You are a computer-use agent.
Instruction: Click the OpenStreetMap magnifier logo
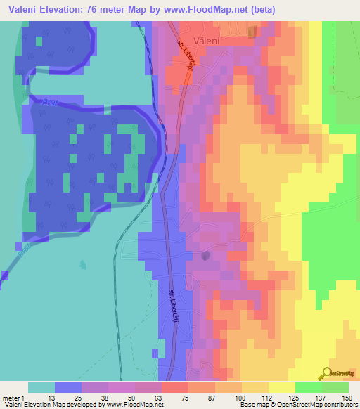tap(326, 373)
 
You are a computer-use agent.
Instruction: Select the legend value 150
tap(345, 398)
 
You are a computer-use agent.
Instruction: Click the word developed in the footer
tap(83, 405)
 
